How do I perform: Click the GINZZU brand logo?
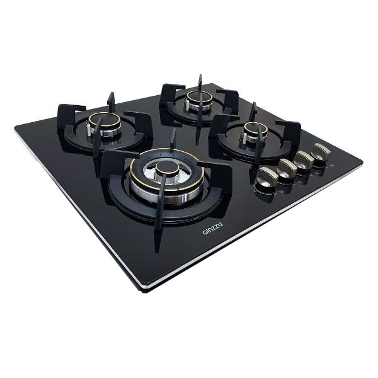pos(212,228)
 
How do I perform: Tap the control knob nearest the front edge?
pos(266,176)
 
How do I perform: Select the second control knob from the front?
pos(287,168)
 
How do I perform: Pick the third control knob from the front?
pos(304,159)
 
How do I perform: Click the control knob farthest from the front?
pos(321,151)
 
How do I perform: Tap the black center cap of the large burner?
pos(168,168)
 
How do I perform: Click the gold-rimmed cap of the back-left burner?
pos(104,120)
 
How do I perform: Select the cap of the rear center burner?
pos(199,97)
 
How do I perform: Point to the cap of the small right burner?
pos(255,129)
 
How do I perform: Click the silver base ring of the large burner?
pos(166,193)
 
